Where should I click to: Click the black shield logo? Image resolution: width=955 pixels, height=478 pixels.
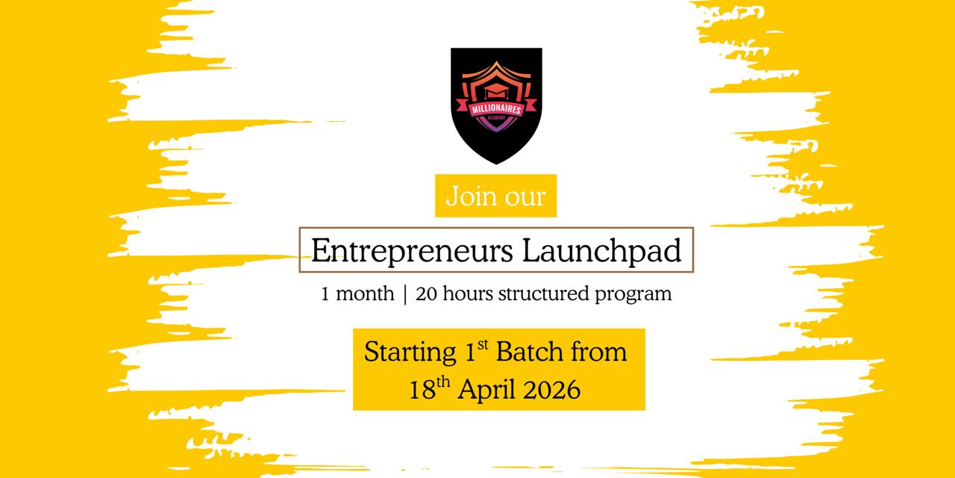pyautogui.click(x=496, y=105)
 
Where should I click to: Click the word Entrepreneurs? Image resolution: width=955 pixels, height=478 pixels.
pyautogui.click(x=411, y=251)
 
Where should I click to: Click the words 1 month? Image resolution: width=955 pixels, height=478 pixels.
pyautogui.click(x=357, y=294)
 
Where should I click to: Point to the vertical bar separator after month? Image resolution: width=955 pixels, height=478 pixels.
pyautogui.click(x=405, y=294)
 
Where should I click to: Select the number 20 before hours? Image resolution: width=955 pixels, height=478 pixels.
pyautogui.click(x=427, y=294)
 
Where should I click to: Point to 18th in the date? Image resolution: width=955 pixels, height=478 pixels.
pyautogui.click(x=429, y=389)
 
